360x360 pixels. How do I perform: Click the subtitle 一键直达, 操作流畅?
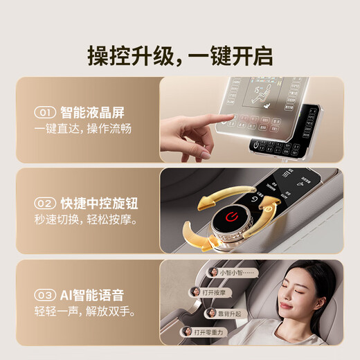(x=82, y=129)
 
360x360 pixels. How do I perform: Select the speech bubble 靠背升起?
(x=228, y=312)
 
